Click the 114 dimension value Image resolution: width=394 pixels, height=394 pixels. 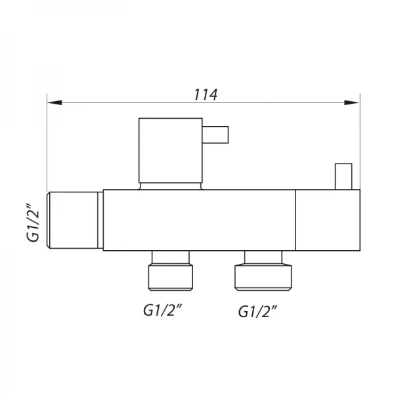click(x=206, y=95)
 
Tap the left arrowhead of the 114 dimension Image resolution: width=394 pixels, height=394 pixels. click(x=55, y=102)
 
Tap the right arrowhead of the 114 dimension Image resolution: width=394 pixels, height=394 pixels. click(x=352, y=102)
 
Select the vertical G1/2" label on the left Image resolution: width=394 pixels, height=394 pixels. click(x=33, y=223)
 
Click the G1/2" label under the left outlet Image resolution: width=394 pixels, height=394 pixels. click(x=162, y=310)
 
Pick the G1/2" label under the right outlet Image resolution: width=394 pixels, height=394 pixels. click(x=257, y=311)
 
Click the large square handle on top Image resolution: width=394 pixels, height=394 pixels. click(x=171, y=150)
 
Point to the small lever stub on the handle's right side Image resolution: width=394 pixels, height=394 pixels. click(x=215, y=135)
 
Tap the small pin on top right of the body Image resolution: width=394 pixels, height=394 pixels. click(x=343, y=177)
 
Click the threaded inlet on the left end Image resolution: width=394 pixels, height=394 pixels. click(x=73, y=220)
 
